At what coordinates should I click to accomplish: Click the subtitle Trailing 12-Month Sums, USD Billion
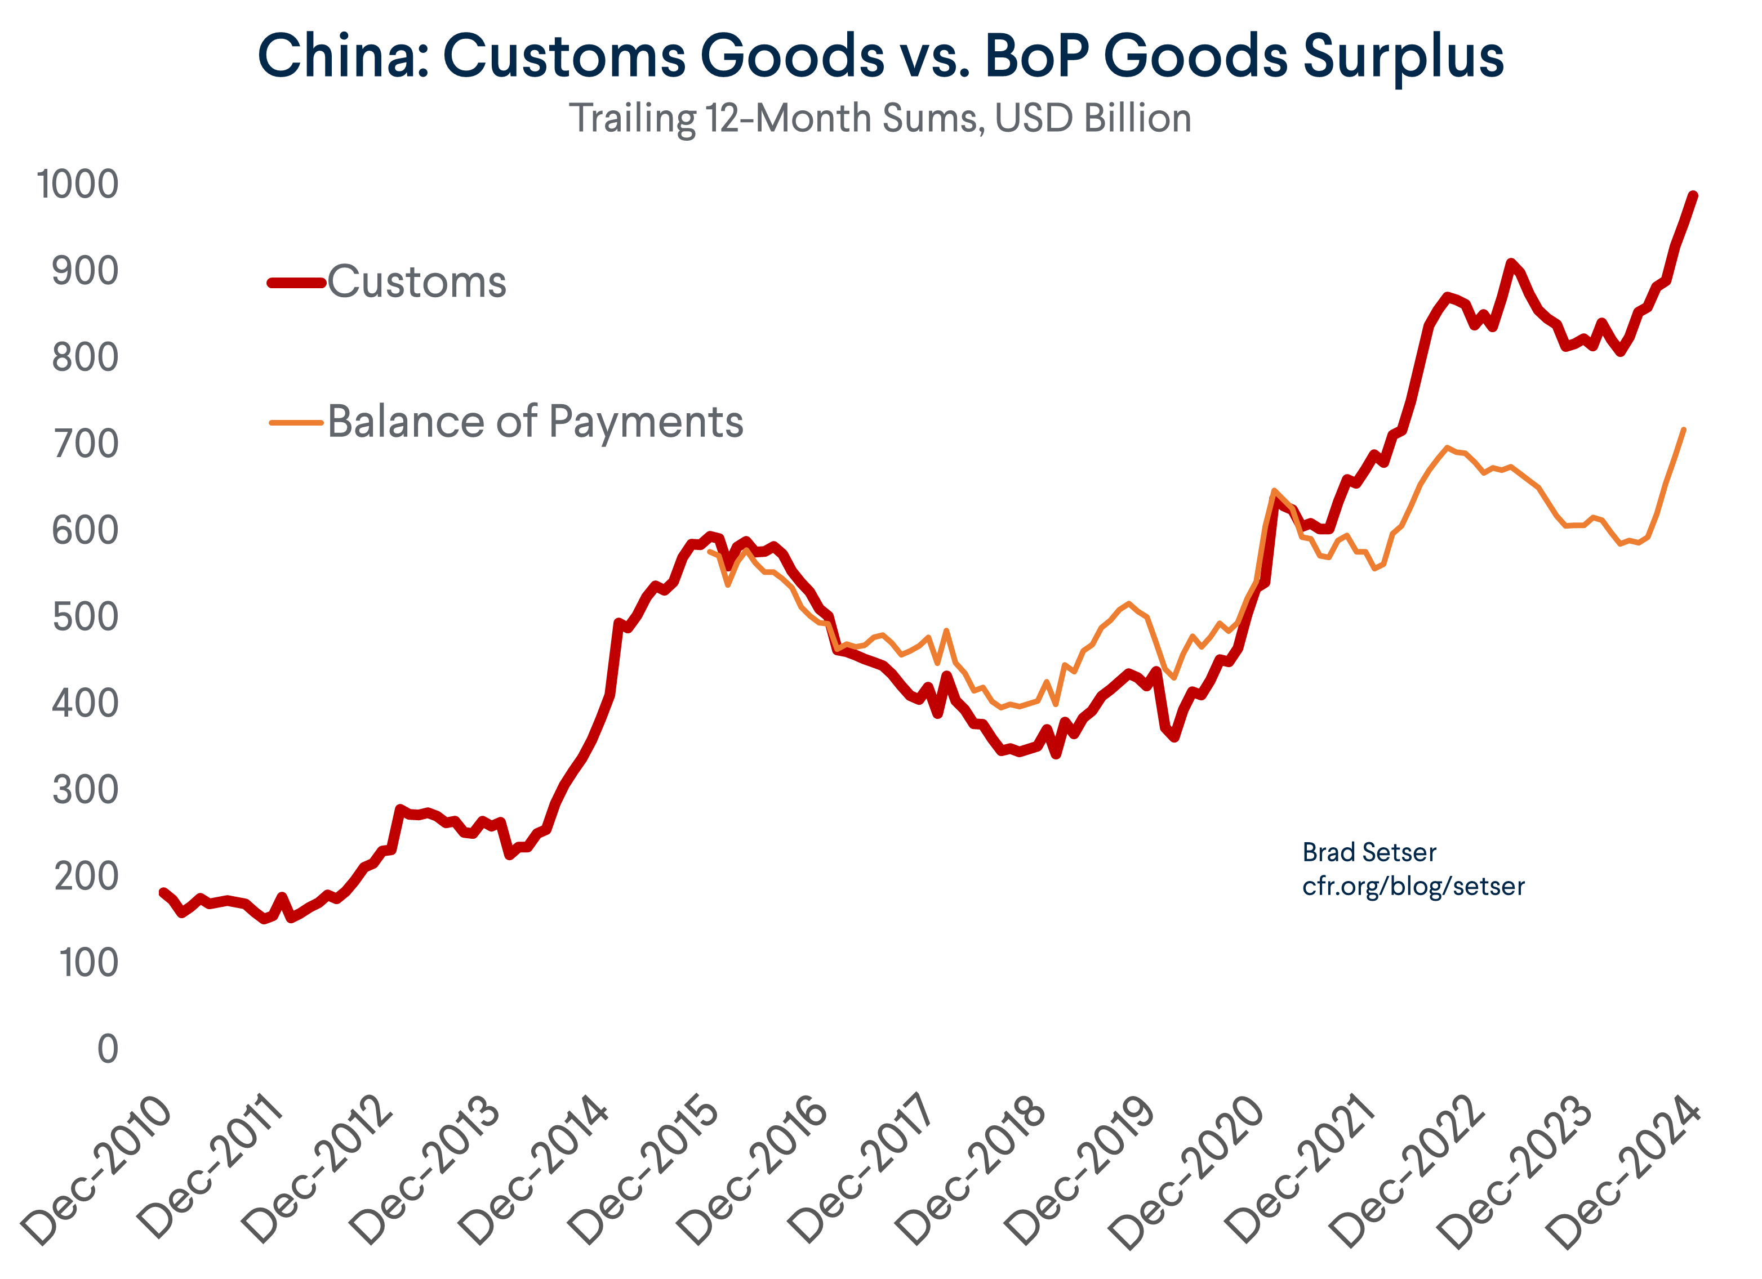[880, 119]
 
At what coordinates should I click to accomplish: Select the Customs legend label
[416, 282]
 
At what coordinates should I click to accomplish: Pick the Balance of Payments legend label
[535, 422]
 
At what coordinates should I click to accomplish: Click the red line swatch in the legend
[296, 283]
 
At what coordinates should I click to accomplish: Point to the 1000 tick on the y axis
[78, 185]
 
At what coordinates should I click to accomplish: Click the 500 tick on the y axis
[86, 618]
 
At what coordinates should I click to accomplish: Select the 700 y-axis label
[86, 444]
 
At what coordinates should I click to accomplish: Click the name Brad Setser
[1369, 853]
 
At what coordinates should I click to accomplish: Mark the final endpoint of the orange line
[1683, 430]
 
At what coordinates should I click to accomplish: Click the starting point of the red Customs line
[163, 892]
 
